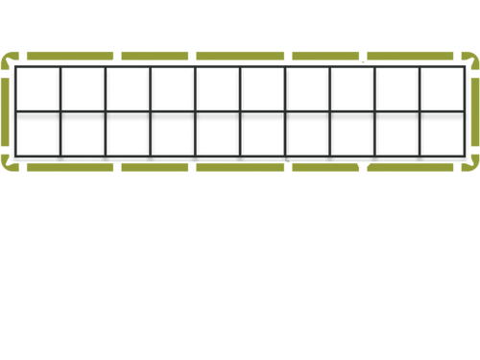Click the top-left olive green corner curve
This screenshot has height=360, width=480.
[x=11, y=56]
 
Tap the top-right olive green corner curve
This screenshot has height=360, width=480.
[x=470, y=56]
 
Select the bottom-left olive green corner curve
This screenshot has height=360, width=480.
[x=11, y=169]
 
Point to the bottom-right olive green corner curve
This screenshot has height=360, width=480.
[x=470, y=169]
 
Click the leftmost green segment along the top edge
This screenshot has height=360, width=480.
[x=69, y=56]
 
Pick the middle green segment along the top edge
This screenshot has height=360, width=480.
[x=240, y=56]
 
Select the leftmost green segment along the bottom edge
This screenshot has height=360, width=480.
[x=69, y=169]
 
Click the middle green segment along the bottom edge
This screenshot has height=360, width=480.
[x=240, y=169]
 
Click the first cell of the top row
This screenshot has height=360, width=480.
[x=38, y=89]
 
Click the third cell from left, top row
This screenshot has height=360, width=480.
[x=129, y=89]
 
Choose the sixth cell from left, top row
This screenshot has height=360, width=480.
[x=263, y=89]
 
